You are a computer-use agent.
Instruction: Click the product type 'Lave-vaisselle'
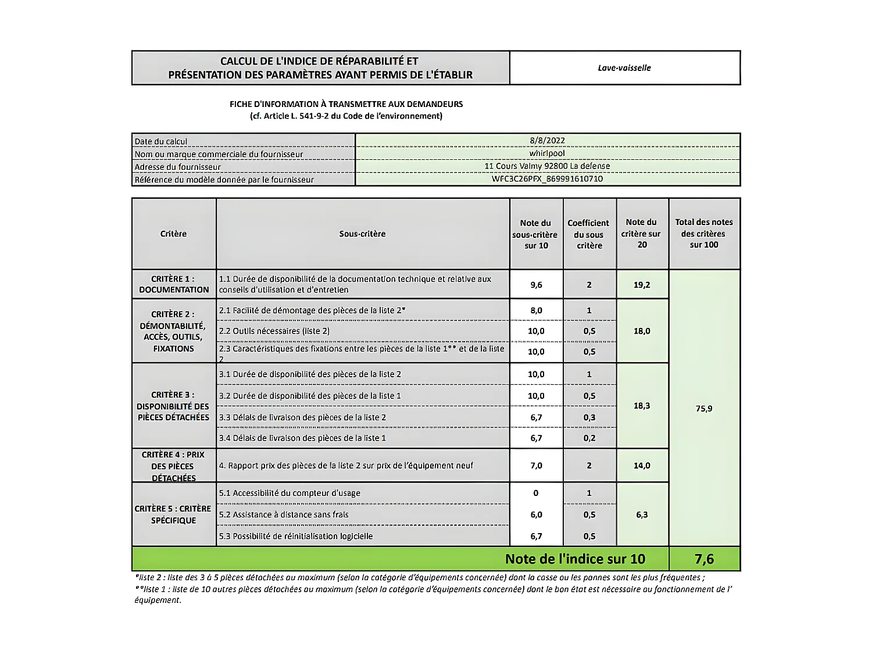[624, 68]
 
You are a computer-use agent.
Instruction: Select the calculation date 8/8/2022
[547, 141]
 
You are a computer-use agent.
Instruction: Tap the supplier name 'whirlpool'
[547, 153]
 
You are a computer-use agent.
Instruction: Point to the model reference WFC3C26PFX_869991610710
[547, 179]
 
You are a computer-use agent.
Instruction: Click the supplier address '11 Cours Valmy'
[547, 166]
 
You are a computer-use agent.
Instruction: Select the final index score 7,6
[704, 559]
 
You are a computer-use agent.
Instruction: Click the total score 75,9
[704, 409]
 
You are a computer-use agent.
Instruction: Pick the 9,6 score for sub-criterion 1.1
[536, 285]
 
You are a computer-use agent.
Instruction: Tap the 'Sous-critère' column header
[362, 234]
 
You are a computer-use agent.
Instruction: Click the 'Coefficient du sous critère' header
[589, 234]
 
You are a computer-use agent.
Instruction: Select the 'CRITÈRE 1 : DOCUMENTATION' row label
[174, 284]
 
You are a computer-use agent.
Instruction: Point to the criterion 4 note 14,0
[642, 466]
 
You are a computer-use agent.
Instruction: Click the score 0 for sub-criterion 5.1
[536, 493]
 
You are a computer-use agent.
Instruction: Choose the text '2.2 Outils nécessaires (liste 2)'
[274, 331]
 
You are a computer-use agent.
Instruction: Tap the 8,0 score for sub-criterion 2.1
[536, 310]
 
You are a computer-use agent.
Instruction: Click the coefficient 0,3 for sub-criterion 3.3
[589, 417]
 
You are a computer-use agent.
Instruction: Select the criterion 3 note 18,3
[642, 406]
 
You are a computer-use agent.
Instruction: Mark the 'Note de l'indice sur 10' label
[575, 559]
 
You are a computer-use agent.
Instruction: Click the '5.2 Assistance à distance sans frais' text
[284, 514]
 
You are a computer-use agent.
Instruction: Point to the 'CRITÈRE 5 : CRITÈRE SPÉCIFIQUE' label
[173, 514]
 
